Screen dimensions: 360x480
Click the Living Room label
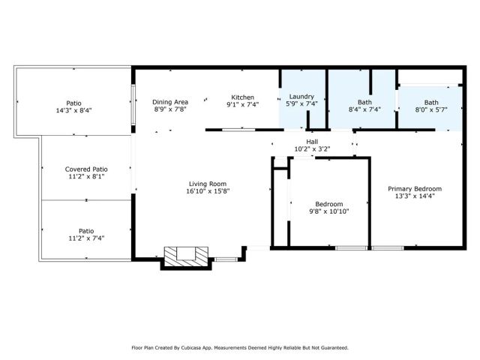(x=208, y=184)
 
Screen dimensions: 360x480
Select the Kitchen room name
(x=242, y=97)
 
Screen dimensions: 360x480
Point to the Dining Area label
(x=170, y=102)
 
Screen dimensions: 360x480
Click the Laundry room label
(x=301, y=97)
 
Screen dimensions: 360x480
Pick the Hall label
(x=312, y=141)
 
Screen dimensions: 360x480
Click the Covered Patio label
(x=86, y=169)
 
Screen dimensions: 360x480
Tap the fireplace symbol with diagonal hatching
(x=184, y=256)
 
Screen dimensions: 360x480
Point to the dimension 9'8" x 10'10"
(x=328, y=211)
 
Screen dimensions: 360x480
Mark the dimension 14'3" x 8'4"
(x=73, y=110)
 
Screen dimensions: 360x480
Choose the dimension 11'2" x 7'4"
(x=86, y=238)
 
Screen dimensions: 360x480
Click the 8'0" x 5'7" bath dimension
(x=431, y=109)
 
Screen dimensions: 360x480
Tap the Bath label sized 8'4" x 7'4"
(x=364, y=102)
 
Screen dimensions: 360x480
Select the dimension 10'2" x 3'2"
(x=312, y=148)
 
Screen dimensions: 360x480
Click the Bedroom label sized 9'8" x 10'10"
(x=328, y=204)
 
